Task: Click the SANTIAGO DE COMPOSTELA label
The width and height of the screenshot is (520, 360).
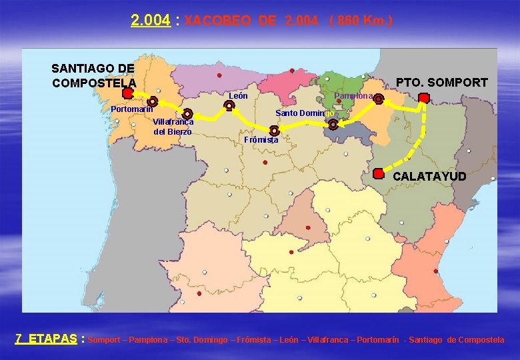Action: click(x=93, y=75)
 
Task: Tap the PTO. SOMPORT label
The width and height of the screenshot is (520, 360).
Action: click(x=441, y=83)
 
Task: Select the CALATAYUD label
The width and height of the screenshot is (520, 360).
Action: click(x=429, y=177)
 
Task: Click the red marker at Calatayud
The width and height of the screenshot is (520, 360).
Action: click(x=378, y=173)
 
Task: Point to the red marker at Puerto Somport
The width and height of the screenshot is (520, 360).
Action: click(x=423, y=97)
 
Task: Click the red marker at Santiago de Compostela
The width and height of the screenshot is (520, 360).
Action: click(x=127, y=94)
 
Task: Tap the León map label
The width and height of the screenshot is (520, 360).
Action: click(x=239, y=96)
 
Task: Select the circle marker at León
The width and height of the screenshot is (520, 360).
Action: click(x=229, y=105)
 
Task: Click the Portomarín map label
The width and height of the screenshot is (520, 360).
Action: click(x=132, y=109)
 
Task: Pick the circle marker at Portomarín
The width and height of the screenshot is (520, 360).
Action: click(x=153, y=102)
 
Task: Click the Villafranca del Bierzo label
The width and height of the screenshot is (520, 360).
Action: click(x=173, y=127)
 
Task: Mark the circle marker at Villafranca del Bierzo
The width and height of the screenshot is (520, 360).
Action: click(x=188, y=114)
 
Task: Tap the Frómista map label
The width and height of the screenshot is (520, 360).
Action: click(x=261, y=140)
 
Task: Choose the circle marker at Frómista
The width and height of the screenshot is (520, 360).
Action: click(x=275, y=131)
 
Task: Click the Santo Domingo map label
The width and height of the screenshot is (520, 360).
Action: click(x=305, y=113)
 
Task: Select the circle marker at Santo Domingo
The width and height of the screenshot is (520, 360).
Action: click(x=333, y=124)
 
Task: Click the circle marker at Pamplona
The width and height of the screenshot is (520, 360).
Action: click(x=378, y=99)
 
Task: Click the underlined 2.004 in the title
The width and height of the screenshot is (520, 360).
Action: click(x=151, y=21)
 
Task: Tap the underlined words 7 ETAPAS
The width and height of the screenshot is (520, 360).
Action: click(x=45, y=339)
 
